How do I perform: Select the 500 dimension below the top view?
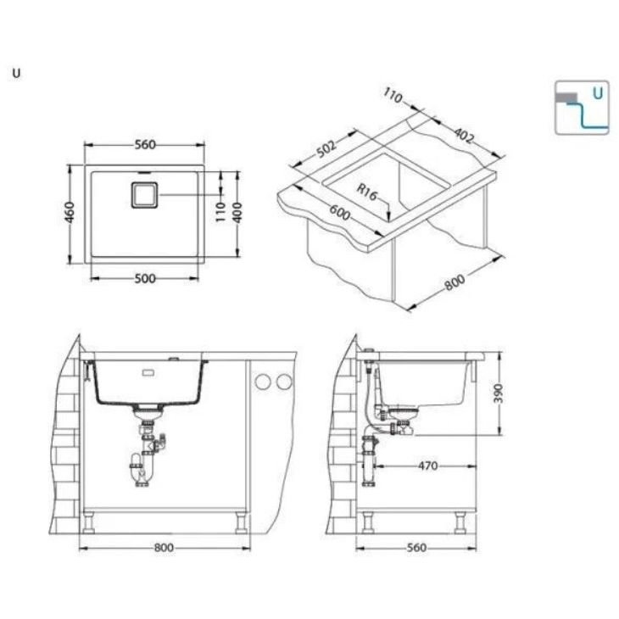[144, 279]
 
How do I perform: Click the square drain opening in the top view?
[142, 195]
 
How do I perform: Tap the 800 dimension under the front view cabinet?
[164, 548]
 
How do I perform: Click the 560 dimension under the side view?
[415, 548]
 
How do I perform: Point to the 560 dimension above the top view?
[144, 144]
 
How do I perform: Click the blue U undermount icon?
[582, 108]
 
